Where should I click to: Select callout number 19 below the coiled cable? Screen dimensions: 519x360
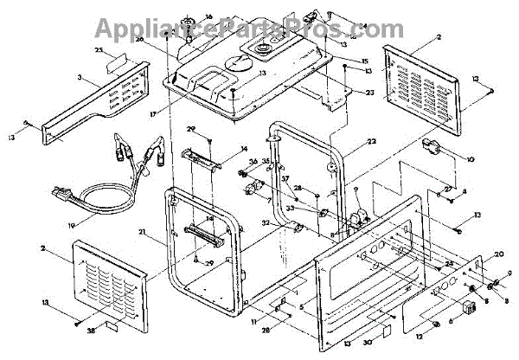[72, 227]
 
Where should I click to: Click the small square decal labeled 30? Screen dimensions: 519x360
[388, 331]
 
